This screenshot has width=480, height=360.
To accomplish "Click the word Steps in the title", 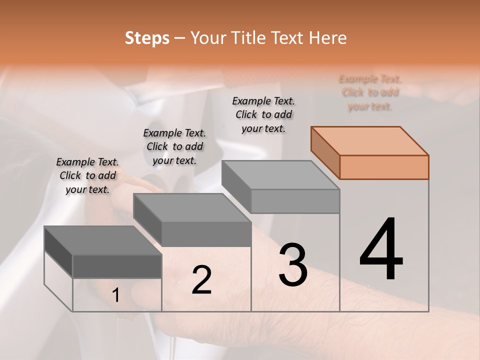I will (147, 38).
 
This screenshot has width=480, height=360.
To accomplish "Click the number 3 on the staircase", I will (293, 264).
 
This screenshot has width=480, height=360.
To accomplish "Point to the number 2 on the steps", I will (201, 280).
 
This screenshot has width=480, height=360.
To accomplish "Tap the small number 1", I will (116, 295).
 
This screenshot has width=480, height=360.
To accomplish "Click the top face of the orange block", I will (369, 140).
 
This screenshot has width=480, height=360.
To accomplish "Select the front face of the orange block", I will (384, 167).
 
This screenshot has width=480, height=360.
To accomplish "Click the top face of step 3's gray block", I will (280, 175).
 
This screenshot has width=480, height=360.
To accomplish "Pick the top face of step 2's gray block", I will (192, 208).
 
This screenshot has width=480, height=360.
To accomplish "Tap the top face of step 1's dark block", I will (103, 240).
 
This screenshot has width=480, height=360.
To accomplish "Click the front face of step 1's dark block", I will (117, 266).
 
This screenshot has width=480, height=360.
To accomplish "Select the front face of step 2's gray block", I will (206, 234).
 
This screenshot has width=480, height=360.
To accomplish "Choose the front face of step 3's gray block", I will (295, 201).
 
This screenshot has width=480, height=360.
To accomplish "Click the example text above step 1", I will (87, 175).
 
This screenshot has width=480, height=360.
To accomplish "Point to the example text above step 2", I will (174, 146).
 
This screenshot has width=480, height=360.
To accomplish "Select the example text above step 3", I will (263, 114).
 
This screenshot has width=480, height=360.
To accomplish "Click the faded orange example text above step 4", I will (370, 92).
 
